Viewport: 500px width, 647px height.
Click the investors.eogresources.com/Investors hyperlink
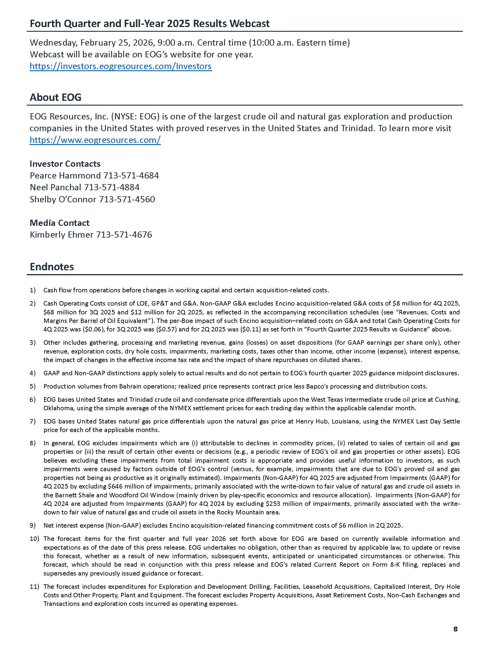121,66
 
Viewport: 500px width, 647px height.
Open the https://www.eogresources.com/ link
95,140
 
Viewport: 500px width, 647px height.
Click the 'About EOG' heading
55,97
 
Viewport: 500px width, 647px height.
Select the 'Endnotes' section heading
52,267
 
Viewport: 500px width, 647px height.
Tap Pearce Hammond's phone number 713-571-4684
131,176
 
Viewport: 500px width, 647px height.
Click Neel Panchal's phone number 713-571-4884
112,187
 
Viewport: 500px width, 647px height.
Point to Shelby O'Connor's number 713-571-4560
127,199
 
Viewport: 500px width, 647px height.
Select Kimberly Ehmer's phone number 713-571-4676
124,235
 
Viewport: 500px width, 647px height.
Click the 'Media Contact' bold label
59,223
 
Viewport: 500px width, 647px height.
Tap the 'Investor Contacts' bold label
65,164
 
